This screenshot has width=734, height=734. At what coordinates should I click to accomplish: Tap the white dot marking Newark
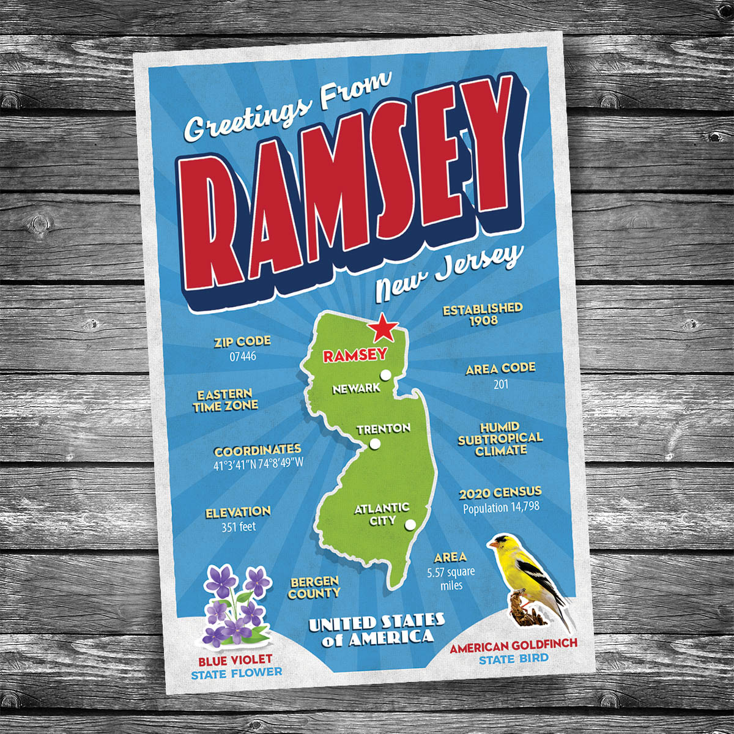[x=385, y=375]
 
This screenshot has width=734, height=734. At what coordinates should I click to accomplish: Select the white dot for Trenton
[x=375, y=444]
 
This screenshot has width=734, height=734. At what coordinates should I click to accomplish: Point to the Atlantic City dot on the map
[x=410, y=524]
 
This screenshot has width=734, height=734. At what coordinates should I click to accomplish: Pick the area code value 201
[x=501, y=384]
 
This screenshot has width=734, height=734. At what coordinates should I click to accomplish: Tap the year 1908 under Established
[x=483, y=321]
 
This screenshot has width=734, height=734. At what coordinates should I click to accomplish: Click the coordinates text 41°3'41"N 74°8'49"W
[x=258, y=463]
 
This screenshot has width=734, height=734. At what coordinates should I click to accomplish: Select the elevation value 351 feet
[x=239, y=526]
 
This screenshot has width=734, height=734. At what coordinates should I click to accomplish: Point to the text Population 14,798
[x=501, y=508]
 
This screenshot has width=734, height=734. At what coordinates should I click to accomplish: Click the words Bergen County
[x=314, y=588]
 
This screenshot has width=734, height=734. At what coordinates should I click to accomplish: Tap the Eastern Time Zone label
[x=225, y=399]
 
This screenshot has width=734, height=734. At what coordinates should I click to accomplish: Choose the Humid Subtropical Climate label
[x=500, y=438]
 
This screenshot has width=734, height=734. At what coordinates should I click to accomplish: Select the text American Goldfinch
[x=513, y=646]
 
